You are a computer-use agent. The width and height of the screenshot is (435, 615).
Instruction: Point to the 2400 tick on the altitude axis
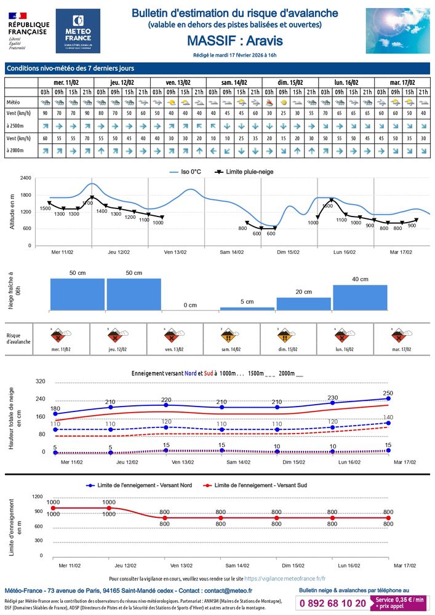click(x=25, y=178)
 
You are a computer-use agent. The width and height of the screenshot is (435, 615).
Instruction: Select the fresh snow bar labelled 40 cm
click(x=360, y=297)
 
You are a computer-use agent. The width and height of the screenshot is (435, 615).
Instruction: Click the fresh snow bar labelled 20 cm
click(x=303, y=303)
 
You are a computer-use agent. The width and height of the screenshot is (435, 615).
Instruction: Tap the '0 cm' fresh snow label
click(x=190, y=305)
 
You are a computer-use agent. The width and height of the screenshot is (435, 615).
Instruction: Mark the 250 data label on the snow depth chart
click(x=388, y=393)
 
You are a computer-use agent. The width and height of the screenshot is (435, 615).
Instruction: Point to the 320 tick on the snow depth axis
click(x=41, y=381)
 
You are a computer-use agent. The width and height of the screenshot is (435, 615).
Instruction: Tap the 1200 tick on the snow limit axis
click(x=37, y=496)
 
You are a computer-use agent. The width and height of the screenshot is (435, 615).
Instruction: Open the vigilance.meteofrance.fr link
click(x=285, y=579)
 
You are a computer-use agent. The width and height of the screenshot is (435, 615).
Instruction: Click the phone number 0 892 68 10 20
click(x=333, y=603)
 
